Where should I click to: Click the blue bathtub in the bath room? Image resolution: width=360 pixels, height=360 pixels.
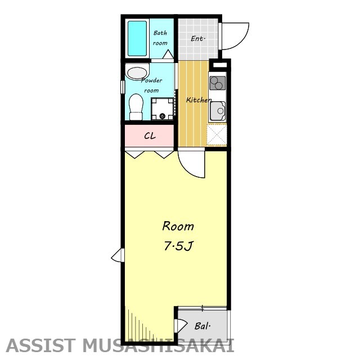pyautogui.click(x=137, y=38)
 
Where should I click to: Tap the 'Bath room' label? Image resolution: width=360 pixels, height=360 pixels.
pyautogui.click(x=160, y=38)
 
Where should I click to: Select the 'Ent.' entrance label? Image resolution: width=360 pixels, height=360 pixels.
pyautogui.click(x=198, y=39)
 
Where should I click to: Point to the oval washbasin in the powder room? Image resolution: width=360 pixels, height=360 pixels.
pyautogui.click(x=137, y=73)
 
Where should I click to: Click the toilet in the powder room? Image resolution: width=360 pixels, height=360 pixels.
pyautogui.click(x=136, y=107)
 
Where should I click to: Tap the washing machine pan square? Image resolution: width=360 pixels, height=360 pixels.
pyautogui.click(x=163, y=109)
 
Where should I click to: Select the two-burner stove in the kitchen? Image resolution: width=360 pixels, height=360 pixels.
pyautogui.click(x=218, y=83)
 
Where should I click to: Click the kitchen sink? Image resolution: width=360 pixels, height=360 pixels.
pyautogui.click(x=218, y=111)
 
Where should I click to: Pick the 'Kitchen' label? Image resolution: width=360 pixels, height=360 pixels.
pyautogui.click(x=199, y=100)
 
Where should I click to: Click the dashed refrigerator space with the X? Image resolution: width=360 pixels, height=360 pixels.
pyautogui.click(x=217, y=134)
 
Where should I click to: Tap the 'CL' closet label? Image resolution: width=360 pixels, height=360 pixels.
pyautogui.click(x=150, y=136)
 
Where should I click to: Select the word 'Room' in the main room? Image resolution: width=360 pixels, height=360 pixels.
pyautogui.click(x=178, y=226)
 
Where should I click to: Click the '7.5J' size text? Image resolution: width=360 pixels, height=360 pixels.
pyautogui.click(x=178, y=246)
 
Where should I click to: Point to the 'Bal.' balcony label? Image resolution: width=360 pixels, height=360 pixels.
pyautogui.click(x=202, y=326)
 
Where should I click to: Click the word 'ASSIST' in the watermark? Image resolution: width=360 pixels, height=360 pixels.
pyautogui.click(x=41, y=345)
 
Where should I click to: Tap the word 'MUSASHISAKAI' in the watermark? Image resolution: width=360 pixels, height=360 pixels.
pyautogui.click(x=159, y=345)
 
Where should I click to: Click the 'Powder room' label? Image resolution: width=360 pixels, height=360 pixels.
pyautogui.click(x=151, y=85)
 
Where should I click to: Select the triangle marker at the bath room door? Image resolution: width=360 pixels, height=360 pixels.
pyautogui.click(x=168, y=54)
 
